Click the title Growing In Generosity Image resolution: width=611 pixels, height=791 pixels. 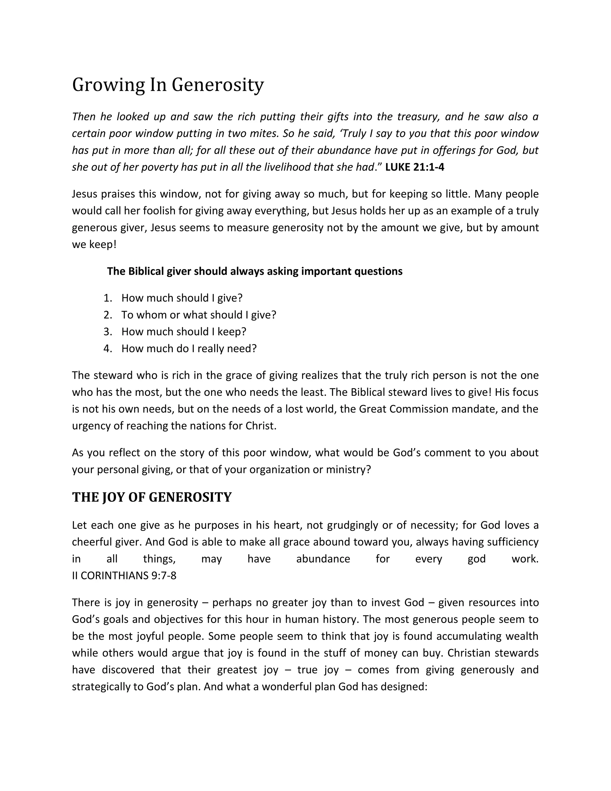[168, 85]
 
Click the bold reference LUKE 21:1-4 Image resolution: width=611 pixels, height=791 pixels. [414, 167]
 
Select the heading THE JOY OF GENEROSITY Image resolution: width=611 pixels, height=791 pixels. [152, 497]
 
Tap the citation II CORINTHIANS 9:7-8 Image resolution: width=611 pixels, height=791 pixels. [124, 575]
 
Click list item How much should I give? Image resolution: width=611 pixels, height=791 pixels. [182, 298]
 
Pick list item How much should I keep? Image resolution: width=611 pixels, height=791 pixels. [184, 332]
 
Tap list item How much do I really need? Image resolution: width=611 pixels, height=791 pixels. [189, 349]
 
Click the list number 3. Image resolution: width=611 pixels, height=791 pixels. [107, 332]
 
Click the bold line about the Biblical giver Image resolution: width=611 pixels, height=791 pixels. [254, 271]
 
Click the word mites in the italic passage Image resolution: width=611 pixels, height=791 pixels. [263, 134]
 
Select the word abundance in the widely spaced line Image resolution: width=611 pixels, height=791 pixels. [323, 559]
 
